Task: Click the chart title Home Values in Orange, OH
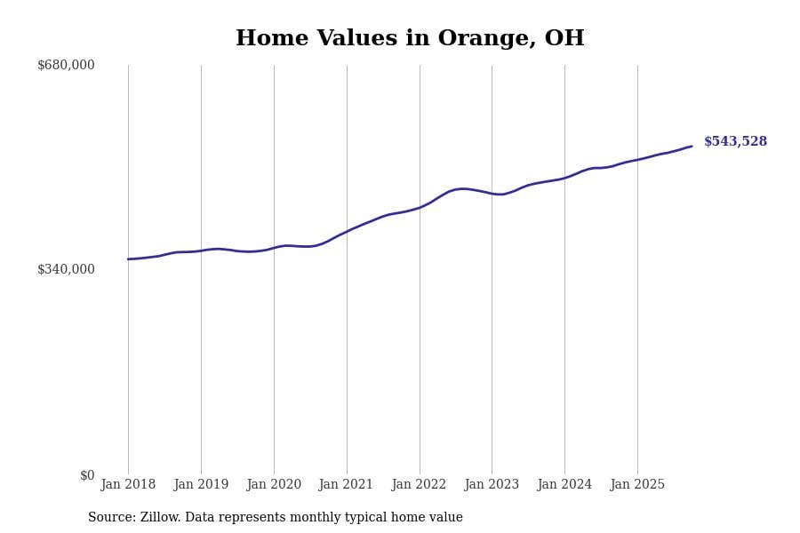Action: (410, 39)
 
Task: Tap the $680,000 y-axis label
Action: (66, 65)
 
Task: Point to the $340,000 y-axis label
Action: (66, 269)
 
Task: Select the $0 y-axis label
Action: (87, 475)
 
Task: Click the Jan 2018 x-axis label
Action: (128, 485)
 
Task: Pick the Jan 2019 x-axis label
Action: (201, 485)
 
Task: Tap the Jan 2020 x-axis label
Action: (274, 485)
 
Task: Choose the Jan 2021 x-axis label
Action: (347, 485)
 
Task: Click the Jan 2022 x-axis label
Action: (420, 485)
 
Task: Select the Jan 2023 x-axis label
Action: (492, 485)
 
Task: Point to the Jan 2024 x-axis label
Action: (564, 485)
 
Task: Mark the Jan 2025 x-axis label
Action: (637, 485)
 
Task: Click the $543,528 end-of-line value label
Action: (735, 142)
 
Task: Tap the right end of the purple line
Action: (692, 147)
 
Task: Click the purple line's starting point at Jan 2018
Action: (128, 259)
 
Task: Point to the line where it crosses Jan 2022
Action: (420, 208)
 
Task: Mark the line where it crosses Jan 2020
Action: (274, 248)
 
